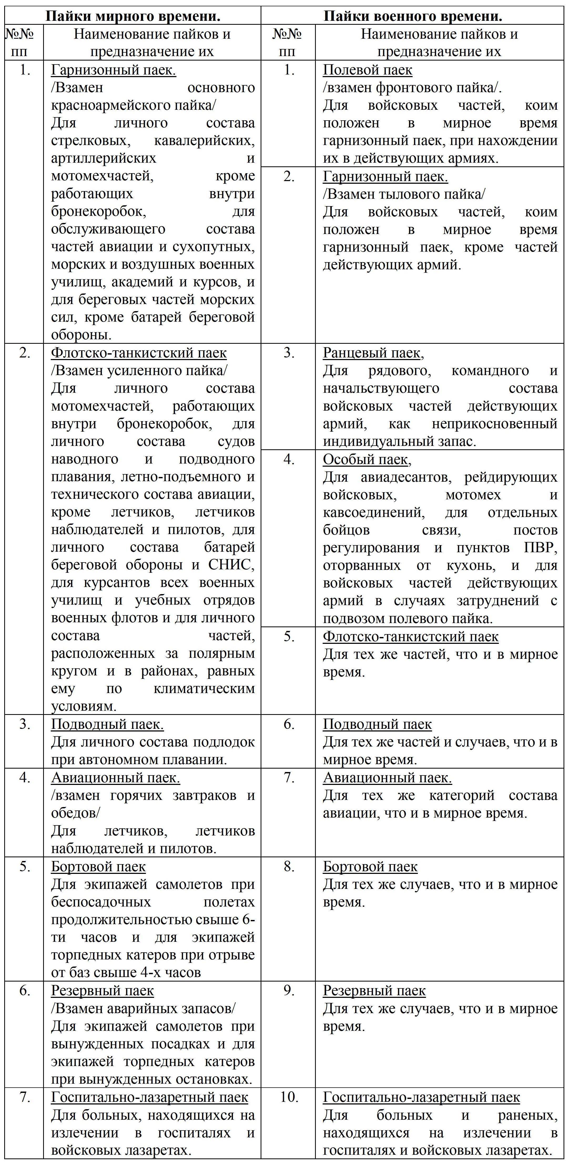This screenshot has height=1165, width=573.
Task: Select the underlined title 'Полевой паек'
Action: click(367, 70)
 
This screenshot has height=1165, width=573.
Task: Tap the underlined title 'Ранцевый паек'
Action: click(373, 353)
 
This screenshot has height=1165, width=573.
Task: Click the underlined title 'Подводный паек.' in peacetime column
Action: click(107, 724)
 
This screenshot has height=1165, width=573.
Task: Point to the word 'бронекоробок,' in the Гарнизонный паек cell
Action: click(99, 211)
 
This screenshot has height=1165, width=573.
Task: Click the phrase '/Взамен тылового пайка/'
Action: click(404, 194)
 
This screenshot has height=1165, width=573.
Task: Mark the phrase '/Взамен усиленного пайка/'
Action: click(139, 370)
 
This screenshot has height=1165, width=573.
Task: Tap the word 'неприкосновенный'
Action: click(494, 424)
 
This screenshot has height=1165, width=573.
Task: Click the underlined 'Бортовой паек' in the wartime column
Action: click(370, 866)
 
